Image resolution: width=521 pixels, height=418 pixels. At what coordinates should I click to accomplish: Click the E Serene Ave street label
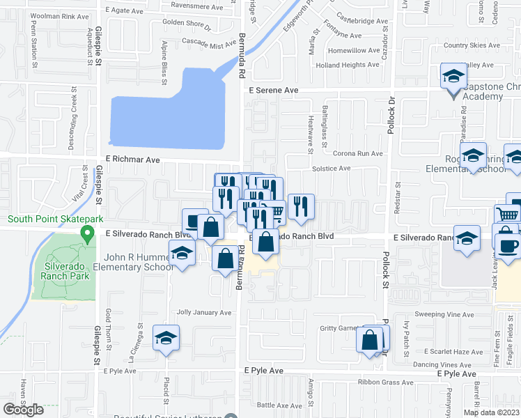(273, 91)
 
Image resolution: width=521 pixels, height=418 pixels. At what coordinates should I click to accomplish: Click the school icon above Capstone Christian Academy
(453, 76)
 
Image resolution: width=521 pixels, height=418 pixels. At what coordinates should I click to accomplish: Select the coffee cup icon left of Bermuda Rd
(194, 221)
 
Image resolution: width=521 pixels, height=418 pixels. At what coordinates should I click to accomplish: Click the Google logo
(24, 410)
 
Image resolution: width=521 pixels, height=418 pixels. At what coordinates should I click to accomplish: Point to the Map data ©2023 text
(491, 412)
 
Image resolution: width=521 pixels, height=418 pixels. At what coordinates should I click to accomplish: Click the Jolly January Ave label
(204, 313)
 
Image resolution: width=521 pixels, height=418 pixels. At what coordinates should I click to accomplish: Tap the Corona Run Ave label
(358, 153)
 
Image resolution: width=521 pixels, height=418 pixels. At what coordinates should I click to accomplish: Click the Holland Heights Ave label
(348, 65)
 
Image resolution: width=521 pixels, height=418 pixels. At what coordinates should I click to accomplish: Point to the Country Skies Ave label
(467, 46)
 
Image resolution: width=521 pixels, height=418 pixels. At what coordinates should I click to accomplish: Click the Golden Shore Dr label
(187, 24)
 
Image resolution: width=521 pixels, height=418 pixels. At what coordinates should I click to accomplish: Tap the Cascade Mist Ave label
(208, 45)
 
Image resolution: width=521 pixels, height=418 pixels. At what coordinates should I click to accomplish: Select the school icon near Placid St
(166, 338)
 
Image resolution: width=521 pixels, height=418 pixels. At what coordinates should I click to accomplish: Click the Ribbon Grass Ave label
(386, 382)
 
